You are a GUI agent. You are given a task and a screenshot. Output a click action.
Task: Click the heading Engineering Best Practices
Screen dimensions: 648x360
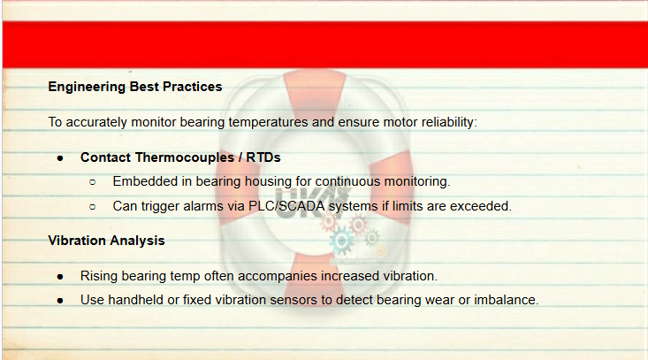pyautogui.click(x=135, y=87)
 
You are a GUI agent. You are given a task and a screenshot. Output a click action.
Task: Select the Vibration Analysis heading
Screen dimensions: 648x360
pyautogui.click(x=107, y=241)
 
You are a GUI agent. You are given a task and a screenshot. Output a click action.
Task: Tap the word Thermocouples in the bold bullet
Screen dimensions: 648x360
pyautogui.click(x=185, y=157)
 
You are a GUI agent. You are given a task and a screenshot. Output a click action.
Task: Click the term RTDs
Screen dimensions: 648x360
pyautogui.click(x=263, y=157)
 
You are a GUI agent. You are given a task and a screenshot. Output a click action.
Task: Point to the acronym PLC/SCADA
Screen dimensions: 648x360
pyautogui.click(x=286, y=206)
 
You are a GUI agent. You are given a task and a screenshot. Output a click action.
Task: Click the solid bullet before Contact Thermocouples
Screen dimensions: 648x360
pyautogui.click(x=60, y=158)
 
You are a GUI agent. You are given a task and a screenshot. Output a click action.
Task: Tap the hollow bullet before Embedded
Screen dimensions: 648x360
pyautogui.click(x=93, y=182)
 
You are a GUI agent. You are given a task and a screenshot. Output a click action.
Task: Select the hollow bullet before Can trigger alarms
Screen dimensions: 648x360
pyautogui.click(x=93, y=207)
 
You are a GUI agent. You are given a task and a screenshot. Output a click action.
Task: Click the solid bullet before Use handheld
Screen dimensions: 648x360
pyautogui.click(x=60, y=301)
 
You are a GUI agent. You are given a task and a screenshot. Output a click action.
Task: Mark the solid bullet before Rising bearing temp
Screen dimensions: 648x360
pyautogui.click(x=60, y=277)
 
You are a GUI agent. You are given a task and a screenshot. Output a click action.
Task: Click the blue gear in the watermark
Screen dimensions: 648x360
pyautogui.click(x=341, y=241)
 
